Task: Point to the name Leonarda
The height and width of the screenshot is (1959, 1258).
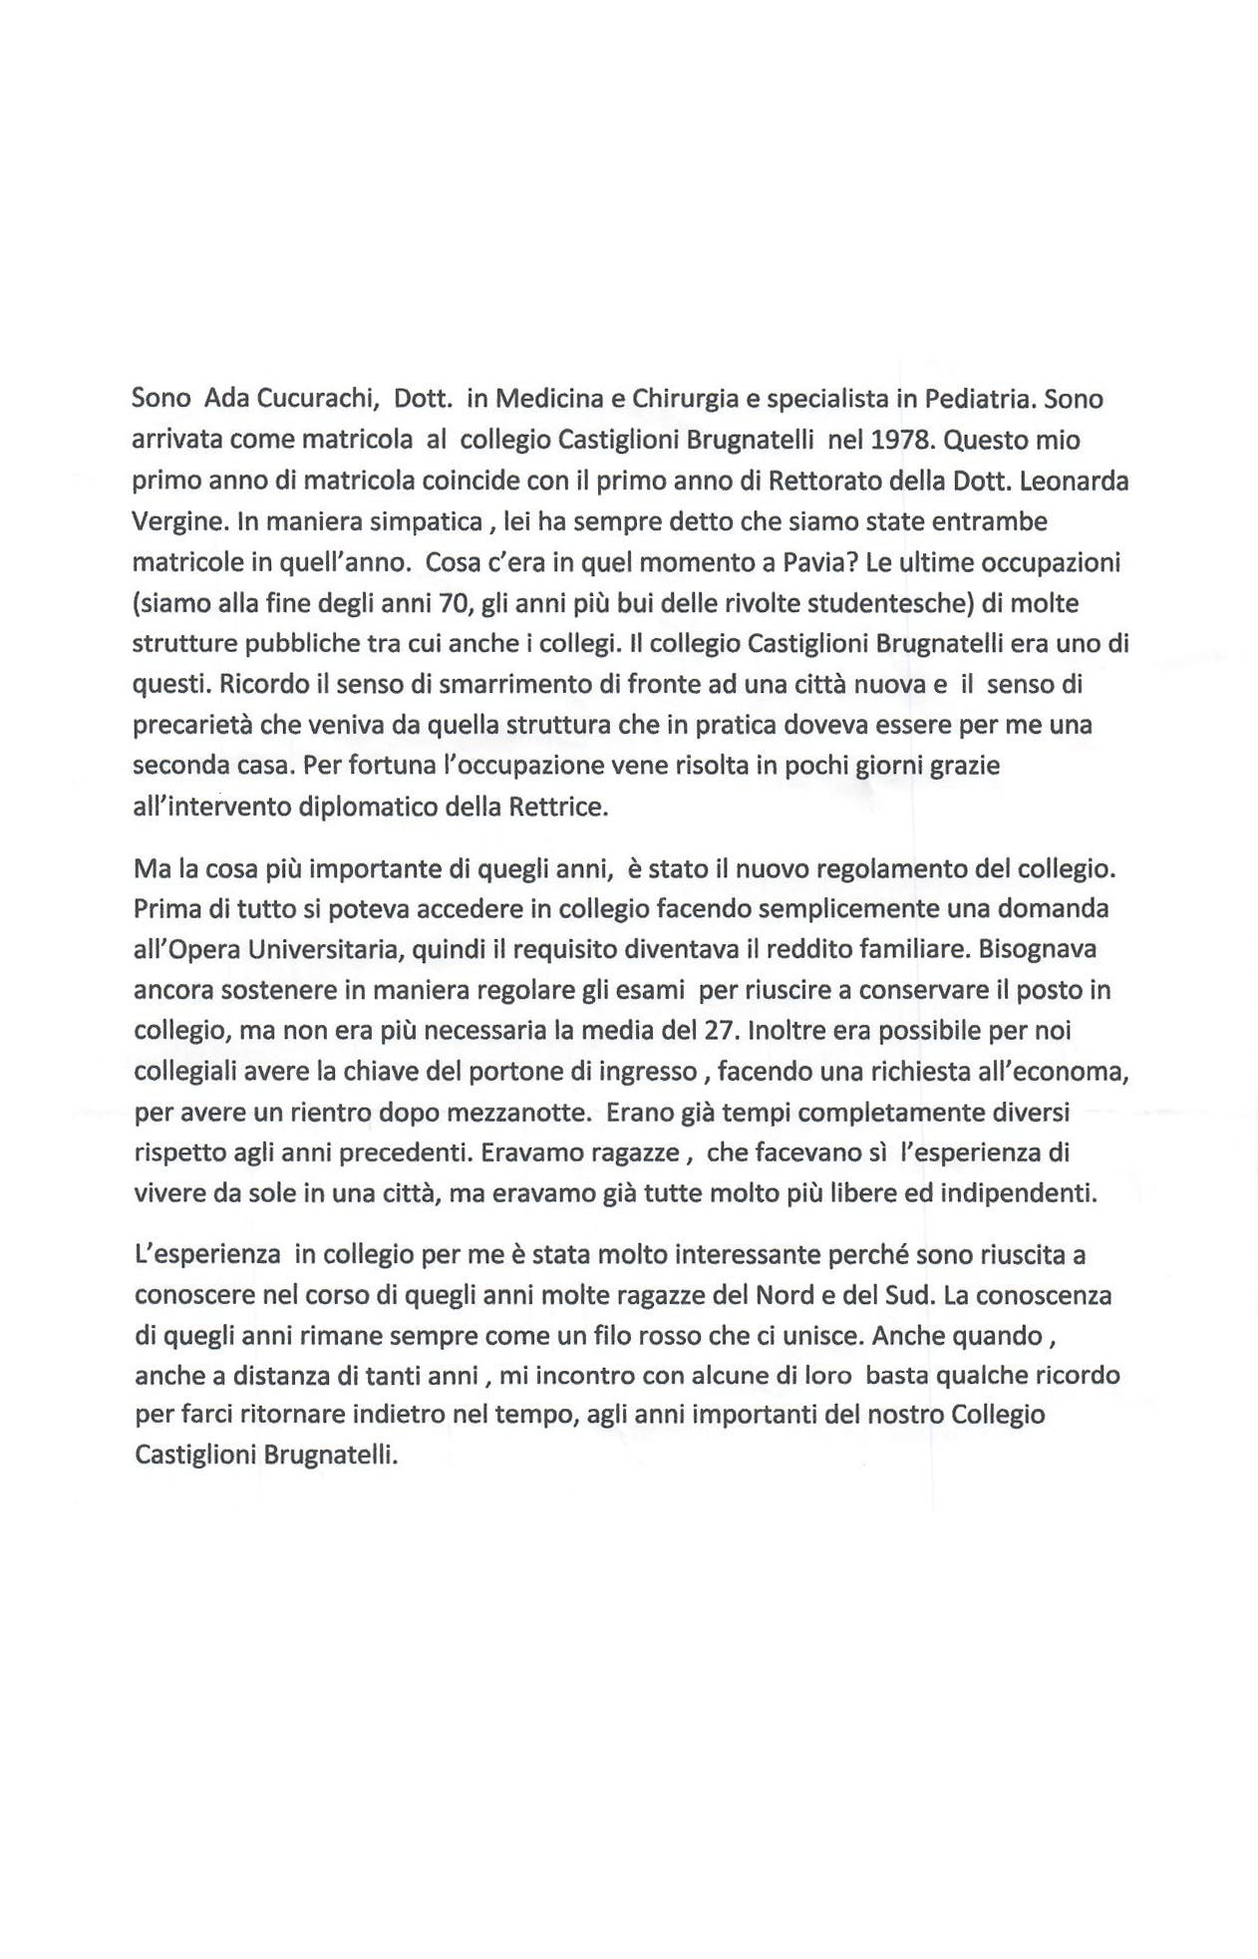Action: click(x=1075, y=481)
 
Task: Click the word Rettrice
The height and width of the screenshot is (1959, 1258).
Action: click(x=557, y=807)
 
